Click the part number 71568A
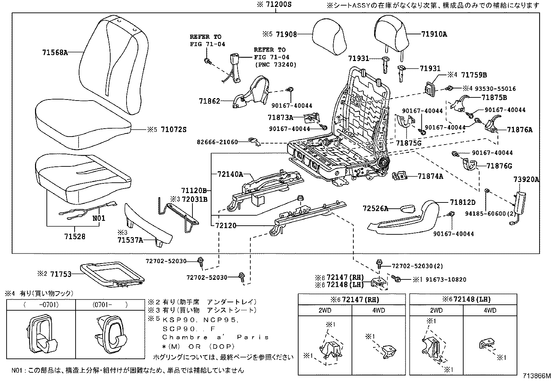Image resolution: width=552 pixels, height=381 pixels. tap(55, 53)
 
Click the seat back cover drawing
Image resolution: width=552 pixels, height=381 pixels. tap(111, 62)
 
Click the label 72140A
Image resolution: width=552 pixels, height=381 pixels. tap(230, 174)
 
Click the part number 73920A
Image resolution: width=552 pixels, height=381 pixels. tap(526, 179)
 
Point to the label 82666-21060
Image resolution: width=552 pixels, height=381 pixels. tap(217, 142)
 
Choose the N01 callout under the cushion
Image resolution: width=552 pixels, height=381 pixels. tap(98, 218)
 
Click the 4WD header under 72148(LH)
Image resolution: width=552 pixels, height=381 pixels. tap(490, 310)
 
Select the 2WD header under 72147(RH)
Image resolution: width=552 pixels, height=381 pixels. tap(325, 310)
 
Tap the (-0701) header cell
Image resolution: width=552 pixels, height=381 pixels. tap(41, 305)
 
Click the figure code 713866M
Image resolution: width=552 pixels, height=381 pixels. tap(537, 375)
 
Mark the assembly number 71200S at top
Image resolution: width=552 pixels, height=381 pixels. tap(278, 5)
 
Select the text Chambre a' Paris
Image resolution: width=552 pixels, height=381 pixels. tap(215, 337)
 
